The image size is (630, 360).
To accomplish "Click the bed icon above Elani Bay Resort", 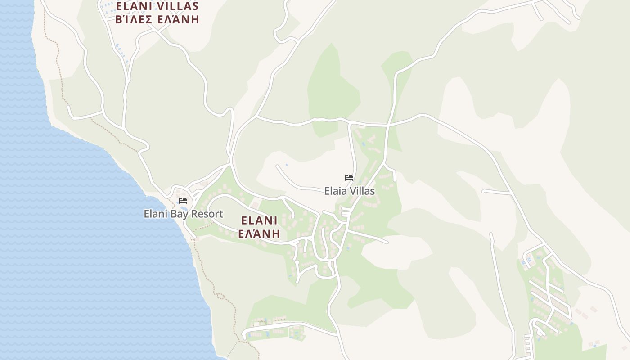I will tap(183, 201).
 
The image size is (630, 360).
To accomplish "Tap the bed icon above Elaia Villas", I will tap(349, 178).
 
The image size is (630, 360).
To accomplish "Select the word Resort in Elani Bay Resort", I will tap(208, 214).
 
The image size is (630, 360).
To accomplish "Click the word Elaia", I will tap(335, 191).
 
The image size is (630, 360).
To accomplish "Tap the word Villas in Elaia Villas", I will tap(362, 191).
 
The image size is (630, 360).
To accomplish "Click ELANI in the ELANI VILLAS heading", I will tap(132, 6).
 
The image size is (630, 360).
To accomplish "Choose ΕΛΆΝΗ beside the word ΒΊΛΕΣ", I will tap(178, 19).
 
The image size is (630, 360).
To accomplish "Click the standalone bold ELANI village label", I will tap(259, 220).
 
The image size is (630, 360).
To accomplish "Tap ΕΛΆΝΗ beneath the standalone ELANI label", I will tap(259, 234).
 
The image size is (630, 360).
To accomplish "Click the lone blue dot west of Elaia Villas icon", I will tap(287, 165).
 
